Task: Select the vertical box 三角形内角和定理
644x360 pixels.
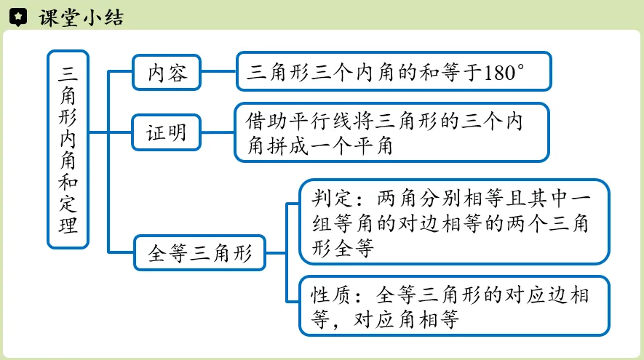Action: click(68, 149)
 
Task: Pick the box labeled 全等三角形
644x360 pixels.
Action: click(199, 253)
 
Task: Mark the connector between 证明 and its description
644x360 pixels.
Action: click(218, 133)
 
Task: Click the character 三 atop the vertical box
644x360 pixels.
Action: click(68, 73)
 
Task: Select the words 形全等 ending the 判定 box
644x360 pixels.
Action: click(344, 249)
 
